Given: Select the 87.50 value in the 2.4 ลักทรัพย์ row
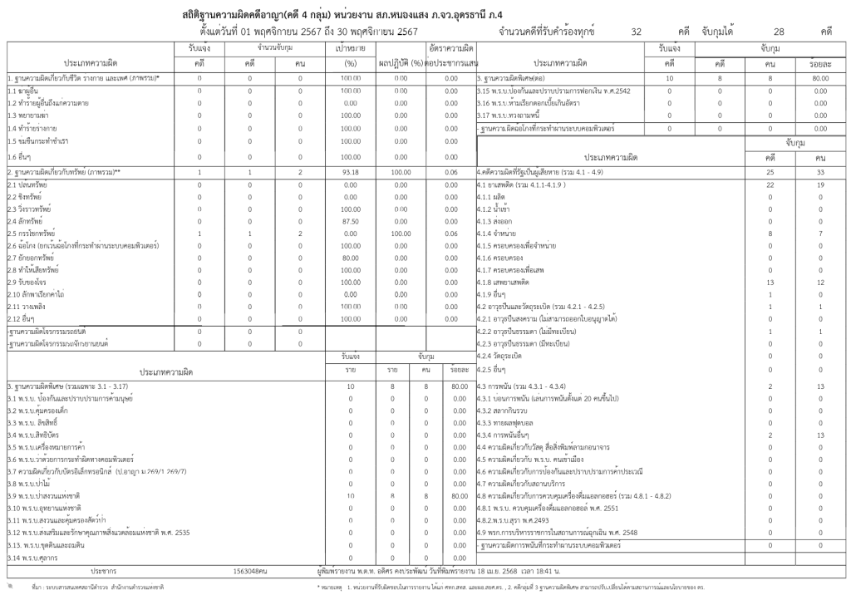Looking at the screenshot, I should pos(350,222).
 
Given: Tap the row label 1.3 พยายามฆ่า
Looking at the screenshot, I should pos(30,116).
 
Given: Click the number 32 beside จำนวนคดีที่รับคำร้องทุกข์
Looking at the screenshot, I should pos(637,32).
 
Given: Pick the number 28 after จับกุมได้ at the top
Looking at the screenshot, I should pos(779,32).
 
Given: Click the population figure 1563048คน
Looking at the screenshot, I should pos(250,571).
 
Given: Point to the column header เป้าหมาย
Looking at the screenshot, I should pos(350,49).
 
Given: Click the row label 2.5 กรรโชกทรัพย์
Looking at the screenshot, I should pos(32,234).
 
